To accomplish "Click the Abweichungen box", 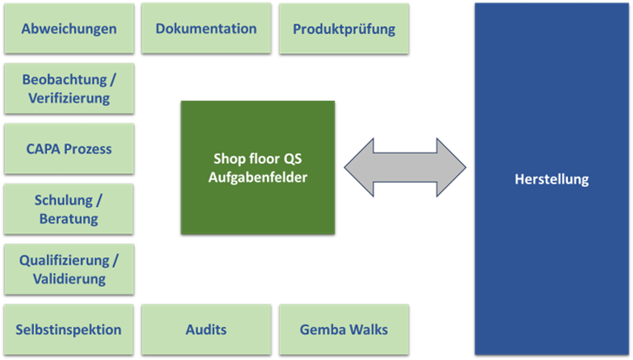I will point(70,29).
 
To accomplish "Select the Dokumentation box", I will point(206,29).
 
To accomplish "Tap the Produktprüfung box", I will point(343,29).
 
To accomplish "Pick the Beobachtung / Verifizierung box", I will point(70,89).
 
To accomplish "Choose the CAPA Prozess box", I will point(70,149).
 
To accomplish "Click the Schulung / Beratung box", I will point(70,209).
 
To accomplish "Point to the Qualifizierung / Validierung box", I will point(70,269).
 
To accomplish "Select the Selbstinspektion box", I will point(70,330).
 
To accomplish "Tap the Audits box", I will point(206,330).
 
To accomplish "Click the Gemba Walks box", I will point(343,330).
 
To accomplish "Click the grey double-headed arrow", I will point(404,166).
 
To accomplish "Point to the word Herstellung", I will point(550,180).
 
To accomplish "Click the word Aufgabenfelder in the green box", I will point(257,177).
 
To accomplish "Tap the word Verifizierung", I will point(70,98).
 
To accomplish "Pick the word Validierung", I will point(70,279).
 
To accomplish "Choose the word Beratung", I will point(70,219).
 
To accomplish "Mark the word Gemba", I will point(321,330).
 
